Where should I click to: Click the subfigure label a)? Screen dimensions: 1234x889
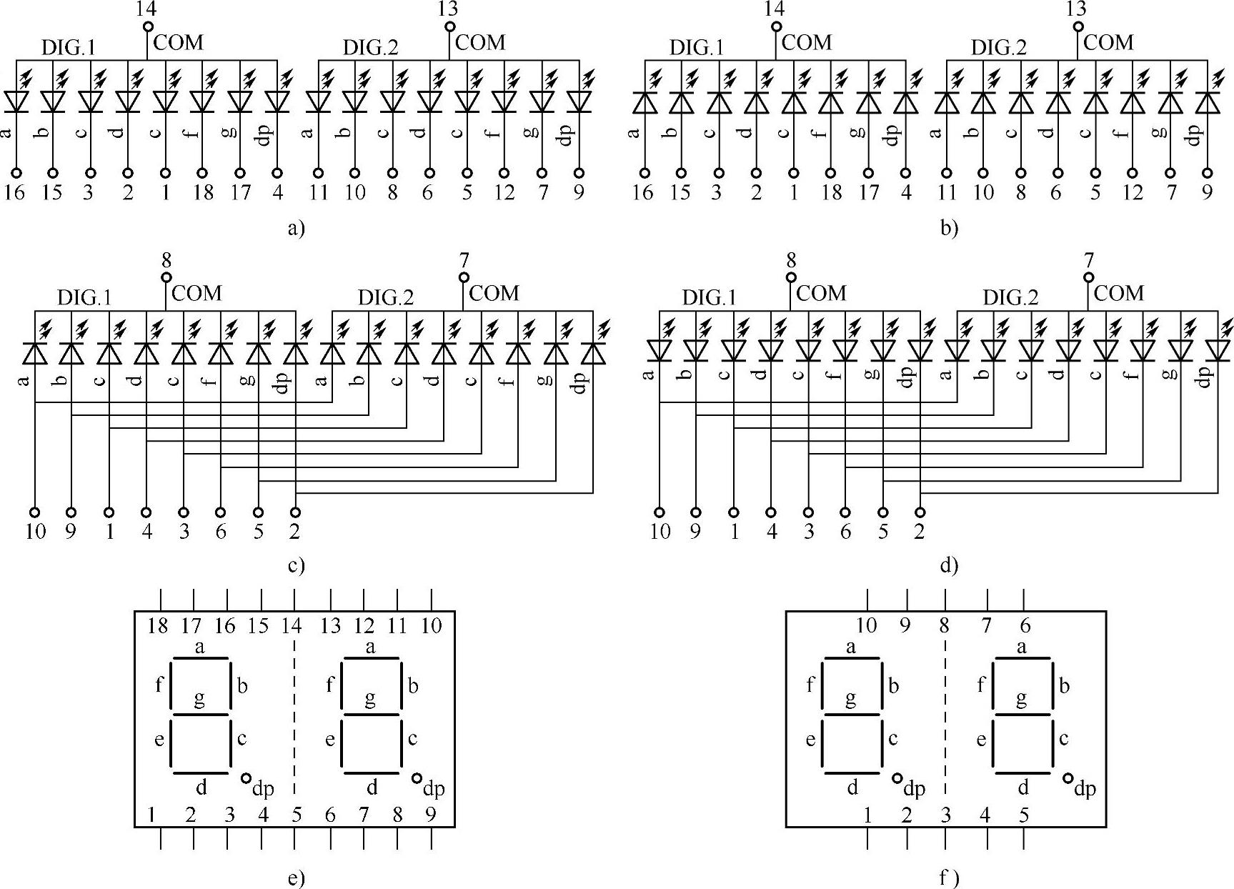click(x=295, y=228)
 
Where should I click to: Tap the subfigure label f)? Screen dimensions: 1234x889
click(x=948, y=878)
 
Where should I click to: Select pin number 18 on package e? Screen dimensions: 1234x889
click(x=157, y=626)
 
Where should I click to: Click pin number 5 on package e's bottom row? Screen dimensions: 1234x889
click(x=297, y=814)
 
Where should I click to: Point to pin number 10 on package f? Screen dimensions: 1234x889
click(x=866, y=626)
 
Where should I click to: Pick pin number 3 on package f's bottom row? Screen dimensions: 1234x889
click(x=946, y=814)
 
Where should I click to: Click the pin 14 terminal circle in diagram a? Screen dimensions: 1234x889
click(x=148, y=27)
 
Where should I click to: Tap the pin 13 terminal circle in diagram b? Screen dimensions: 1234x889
click(x=1078, y=27)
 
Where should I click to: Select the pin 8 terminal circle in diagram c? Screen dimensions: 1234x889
click(x=166, y=277)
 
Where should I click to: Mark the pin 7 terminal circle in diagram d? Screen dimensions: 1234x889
click(x=1088, y=277)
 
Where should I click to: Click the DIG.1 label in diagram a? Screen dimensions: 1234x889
click(x=68, y=48)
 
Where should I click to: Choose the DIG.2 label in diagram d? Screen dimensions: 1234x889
click(x=1010, y=297)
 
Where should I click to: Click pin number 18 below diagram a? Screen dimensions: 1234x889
click(x=204, y=193)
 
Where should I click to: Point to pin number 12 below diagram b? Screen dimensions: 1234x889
click(x=1132, y=193)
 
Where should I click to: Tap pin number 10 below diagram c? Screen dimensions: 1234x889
click(x=35, y=531)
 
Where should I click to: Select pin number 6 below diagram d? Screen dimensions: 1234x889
click(x=845, y=531)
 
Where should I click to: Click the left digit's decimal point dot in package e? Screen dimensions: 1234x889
click(x=247, y=778)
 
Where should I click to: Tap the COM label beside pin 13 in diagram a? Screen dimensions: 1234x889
click(x=480, y=43)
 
